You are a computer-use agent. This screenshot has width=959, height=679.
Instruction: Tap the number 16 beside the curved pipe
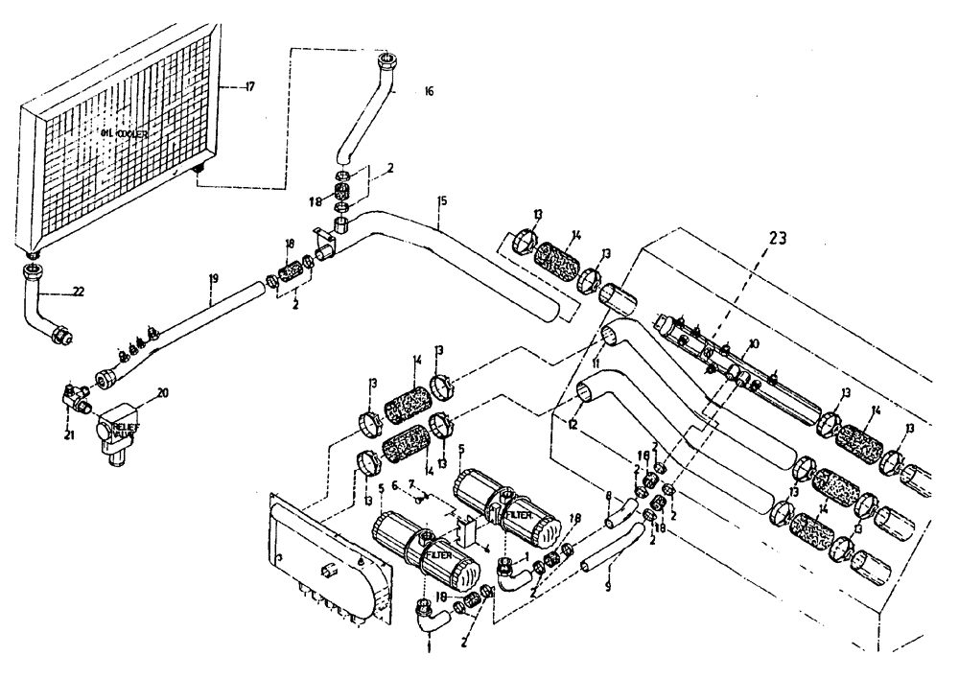(x=428, y=92)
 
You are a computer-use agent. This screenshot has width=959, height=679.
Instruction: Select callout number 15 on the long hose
(x=441, y=201)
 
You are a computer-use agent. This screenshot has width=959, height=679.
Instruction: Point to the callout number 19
(x=216, y=279)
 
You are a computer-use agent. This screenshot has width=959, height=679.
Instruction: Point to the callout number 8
(x=608, y=497)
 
